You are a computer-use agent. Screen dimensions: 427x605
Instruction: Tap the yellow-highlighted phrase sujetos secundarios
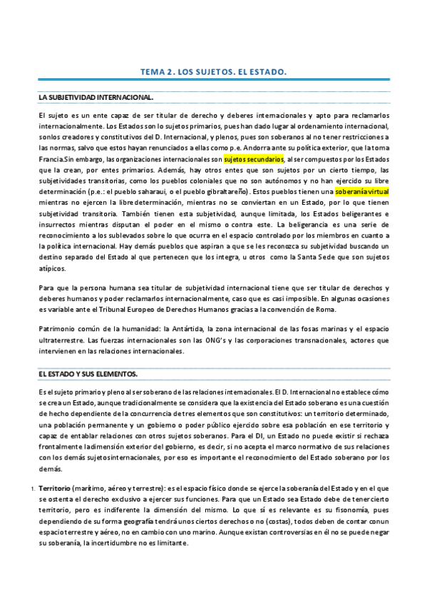click(x=253, y=159)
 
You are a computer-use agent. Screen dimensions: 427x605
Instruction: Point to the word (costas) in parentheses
click(x=269, y=521)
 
